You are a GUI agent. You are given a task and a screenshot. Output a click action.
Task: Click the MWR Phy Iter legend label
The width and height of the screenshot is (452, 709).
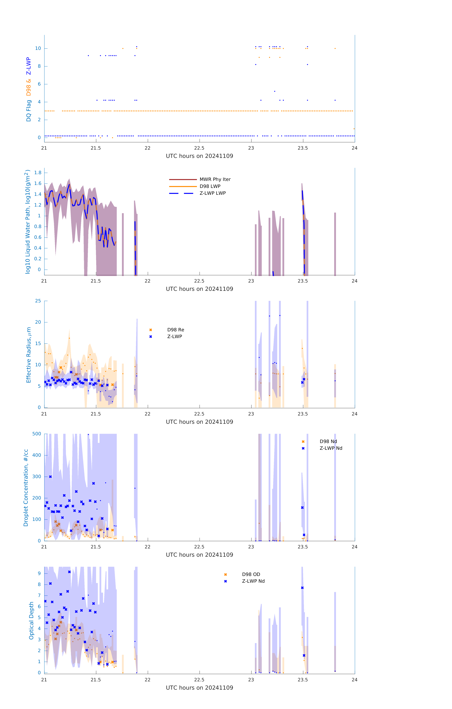(215, 179)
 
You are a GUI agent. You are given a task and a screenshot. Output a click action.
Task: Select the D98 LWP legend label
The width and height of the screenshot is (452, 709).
(210, 186)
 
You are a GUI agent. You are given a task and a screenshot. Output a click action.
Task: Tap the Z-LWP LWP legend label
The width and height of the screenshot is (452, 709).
(213, 193)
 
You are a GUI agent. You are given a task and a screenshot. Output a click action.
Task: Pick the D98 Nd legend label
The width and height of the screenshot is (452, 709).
(328, 441)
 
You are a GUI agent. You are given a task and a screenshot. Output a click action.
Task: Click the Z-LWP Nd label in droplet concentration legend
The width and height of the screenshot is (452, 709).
(331, 448)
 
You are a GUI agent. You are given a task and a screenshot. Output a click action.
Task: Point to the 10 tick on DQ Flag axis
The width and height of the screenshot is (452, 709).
(38, 48)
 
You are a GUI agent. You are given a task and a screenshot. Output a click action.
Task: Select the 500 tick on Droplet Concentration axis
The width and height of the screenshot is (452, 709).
(37, 434)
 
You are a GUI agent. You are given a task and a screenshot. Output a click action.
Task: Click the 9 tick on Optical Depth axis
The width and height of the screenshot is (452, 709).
(39, 573)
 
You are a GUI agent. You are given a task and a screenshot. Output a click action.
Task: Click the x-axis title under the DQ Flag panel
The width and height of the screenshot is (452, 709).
(199, 156)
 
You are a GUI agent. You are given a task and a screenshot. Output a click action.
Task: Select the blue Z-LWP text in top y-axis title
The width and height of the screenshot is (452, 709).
(29, 66)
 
